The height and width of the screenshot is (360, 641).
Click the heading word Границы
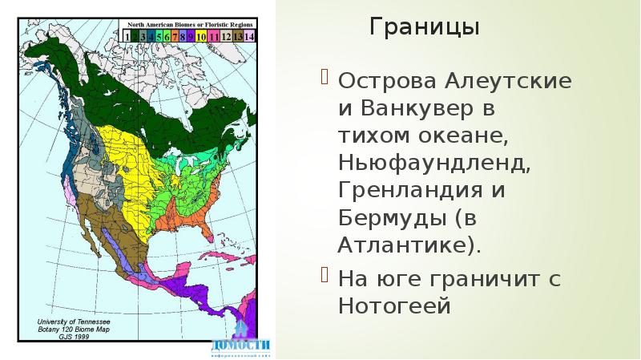425,28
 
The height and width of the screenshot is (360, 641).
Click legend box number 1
126,36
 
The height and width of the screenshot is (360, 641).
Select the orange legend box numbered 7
175,36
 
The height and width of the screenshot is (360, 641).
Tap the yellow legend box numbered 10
200,36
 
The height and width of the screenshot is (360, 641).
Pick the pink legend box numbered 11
212,36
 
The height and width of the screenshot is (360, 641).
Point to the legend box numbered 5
159,36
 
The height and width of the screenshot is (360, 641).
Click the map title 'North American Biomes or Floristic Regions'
187,25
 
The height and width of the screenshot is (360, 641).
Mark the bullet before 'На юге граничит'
325,277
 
